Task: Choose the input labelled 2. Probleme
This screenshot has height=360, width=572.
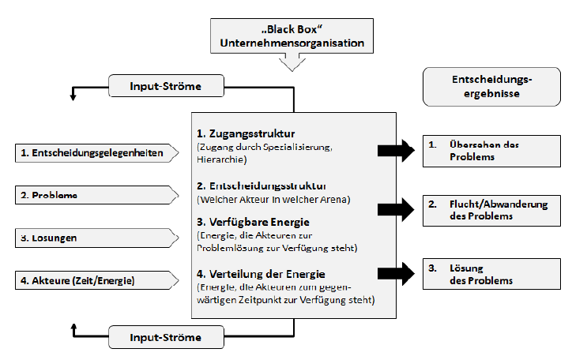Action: click(x=94, y=194)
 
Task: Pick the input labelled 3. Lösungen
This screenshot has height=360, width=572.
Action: click(x=94, y=236)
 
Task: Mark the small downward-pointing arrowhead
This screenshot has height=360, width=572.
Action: click(x=73, y=96)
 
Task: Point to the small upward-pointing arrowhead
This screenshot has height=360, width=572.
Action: click(x=73, y=326)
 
